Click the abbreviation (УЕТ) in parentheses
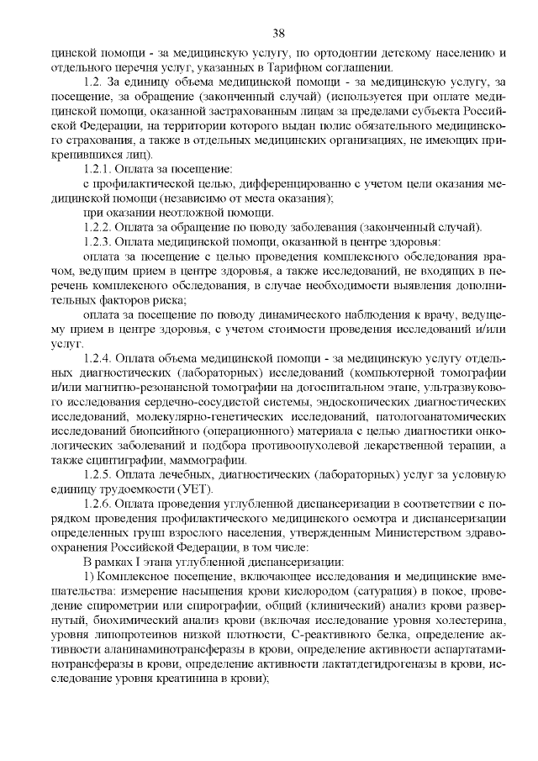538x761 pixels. pyautogui.click(x=198, y=489)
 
